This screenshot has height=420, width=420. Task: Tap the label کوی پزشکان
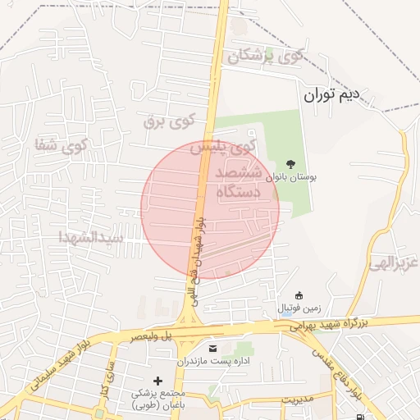tap(265, 57)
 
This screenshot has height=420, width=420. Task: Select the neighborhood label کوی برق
tap(169, 121)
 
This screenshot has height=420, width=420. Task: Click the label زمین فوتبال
tap(299, 308)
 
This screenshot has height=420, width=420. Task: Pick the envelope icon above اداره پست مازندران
tap(214, 349)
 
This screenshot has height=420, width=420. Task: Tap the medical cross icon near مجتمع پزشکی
tap(158, 381)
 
